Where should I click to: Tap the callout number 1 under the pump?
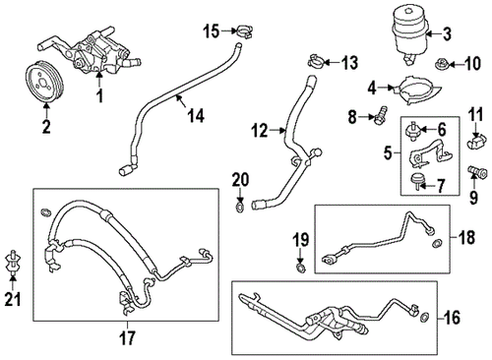tap(97, 97)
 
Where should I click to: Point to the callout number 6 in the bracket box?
tap(442, 129)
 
